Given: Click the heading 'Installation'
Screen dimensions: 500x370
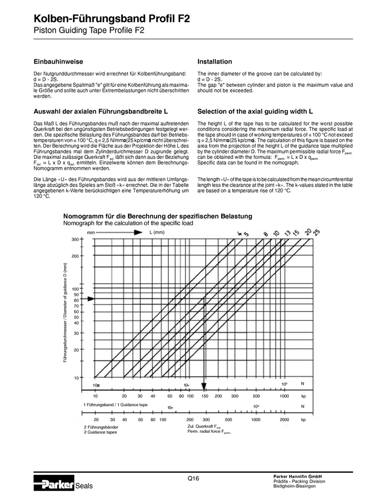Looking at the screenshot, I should [x=215, y=62].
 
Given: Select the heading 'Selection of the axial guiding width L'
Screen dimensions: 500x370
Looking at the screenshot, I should [x=255, y=111].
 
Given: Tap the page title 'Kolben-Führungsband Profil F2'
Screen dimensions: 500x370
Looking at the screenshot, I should [x=112, y=19].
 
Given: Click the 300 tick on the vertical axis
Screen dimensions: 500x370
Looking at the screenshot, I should [x=75, y=239].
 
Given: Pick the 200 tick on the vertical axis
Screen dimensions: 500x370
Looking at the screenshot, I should [x=75, y=256].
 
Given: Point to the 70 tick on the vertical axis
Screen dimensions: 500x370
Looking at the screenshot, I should [x=76, y=306].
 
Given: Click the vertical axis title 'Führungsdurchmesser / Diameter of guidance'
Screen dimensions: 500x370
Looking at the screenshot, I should [x=66, y=313].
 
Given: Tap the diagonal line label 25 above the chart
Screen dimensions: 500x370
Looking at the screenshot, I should [x=316, y=232].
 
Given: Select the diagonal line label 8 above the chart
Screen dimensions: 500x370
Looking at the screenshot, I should [x=266, y=234].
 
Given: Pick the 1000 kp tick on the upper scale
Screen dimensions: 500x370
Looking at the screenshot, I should [x=284, y=396].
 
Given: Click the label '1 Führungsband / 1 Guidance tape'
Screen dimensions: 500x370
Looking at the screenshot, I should [x=115, y=405].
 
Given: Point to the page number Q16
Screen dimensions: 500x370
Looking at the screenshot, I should [x=193, y=478].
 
